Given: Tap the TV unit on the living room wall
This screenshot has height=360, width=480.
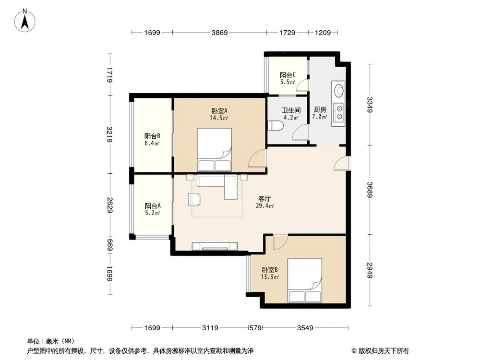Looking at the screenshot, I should click(x=215, y=247).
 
